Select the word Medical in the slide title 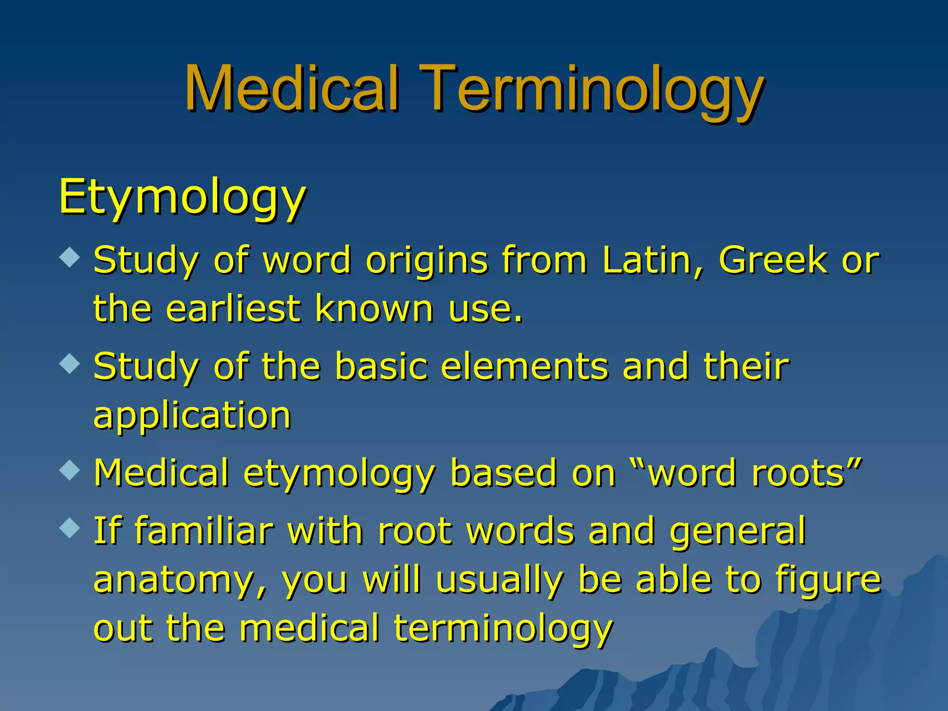pyautogui.click(x=292, y=89)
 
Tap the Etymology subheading pyautogui.click(x=182, y=197)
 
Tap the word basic pyautogui.click(x=381, y=367)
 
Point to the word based pyautogui.click(x=503, y=473)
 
